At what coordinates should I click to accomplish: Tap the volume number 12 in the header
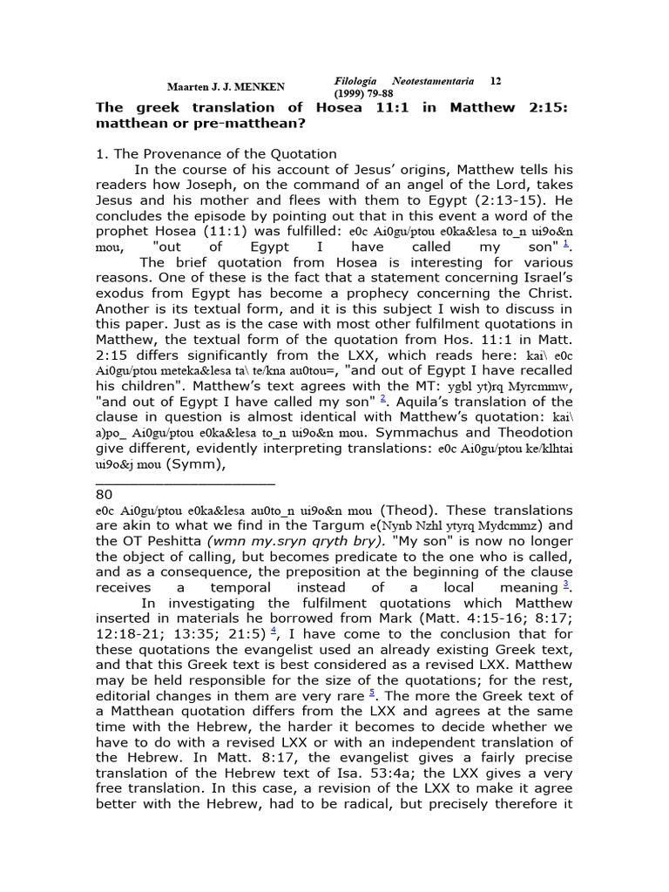click(x=495, y=81)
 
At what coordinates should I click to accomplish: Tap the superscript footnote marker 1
click(x=567, y=244)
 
